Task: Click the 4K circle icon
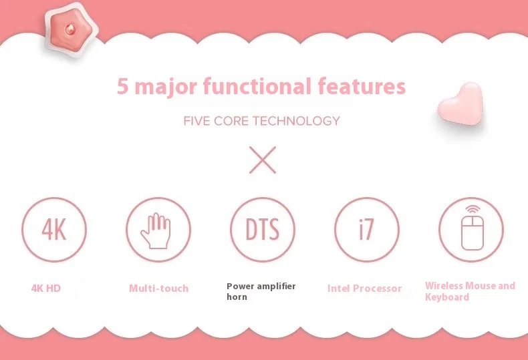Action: coord(53,230)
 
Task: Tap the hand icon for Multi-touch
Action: coord(158,230)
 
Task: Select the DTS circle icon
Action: coord(262,230)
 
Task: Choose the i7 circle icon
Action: coord(366,230)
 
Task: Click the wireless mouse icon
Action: coord(471,228)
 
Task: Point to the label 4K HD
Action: coord(46,289)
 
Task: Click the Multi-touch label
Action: coord(158,289)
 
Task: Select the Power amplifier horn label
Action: coord(261,291)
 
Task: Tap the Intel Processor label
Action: coord(364,289)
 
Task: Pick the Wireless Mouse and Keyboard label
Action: coord(470,291)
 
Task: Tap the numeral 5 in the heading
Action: coord(122,87)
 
